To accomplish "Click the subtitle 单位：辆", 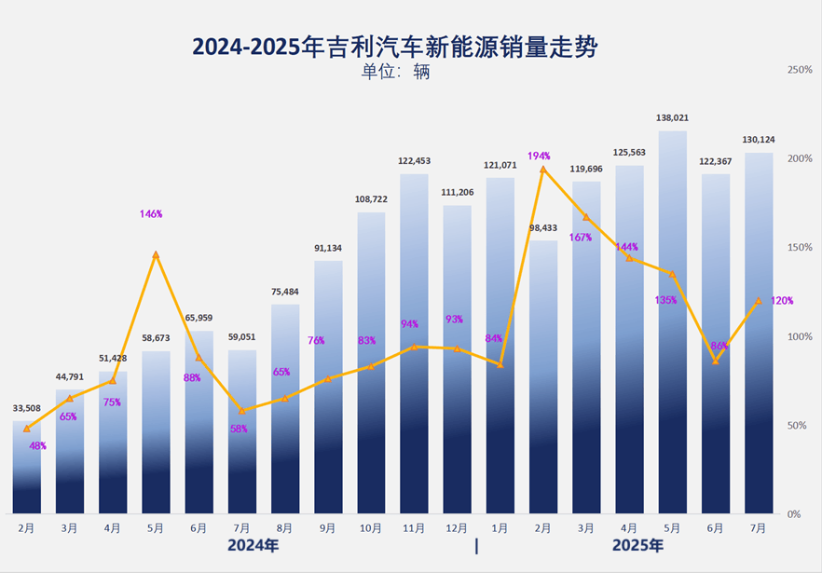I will [395, 72].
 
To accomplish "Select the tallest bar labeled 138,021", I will [672, 321].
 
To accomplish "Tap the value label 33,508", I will [27, 408].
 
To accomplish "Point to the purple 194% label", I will [539, 156].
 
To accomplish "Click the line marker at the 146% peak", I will [156, 254].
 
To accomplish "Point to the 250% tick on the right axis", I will [800, 70].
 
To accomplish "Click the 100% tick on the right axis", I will [800, 336].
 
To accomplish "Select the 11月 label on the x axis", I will [413, 527].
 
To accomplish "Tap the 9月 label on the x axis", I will [328, 527].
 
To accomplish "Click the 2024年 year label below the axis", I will [253, 546].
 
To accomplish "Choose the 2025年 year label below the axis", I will [637, 546].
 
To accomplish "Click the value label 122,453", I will [414, 161].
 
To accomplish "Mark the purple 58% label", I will [239, 429].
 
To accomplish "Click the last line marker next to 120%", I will [758, 301].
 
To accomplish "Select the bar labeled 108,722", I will [371, 363].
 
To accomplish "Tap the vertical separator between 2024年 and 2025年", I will [476, 546].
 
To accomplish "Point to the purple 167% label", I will [581, 237].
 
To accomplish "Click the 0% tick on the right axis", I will [794, 513].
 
